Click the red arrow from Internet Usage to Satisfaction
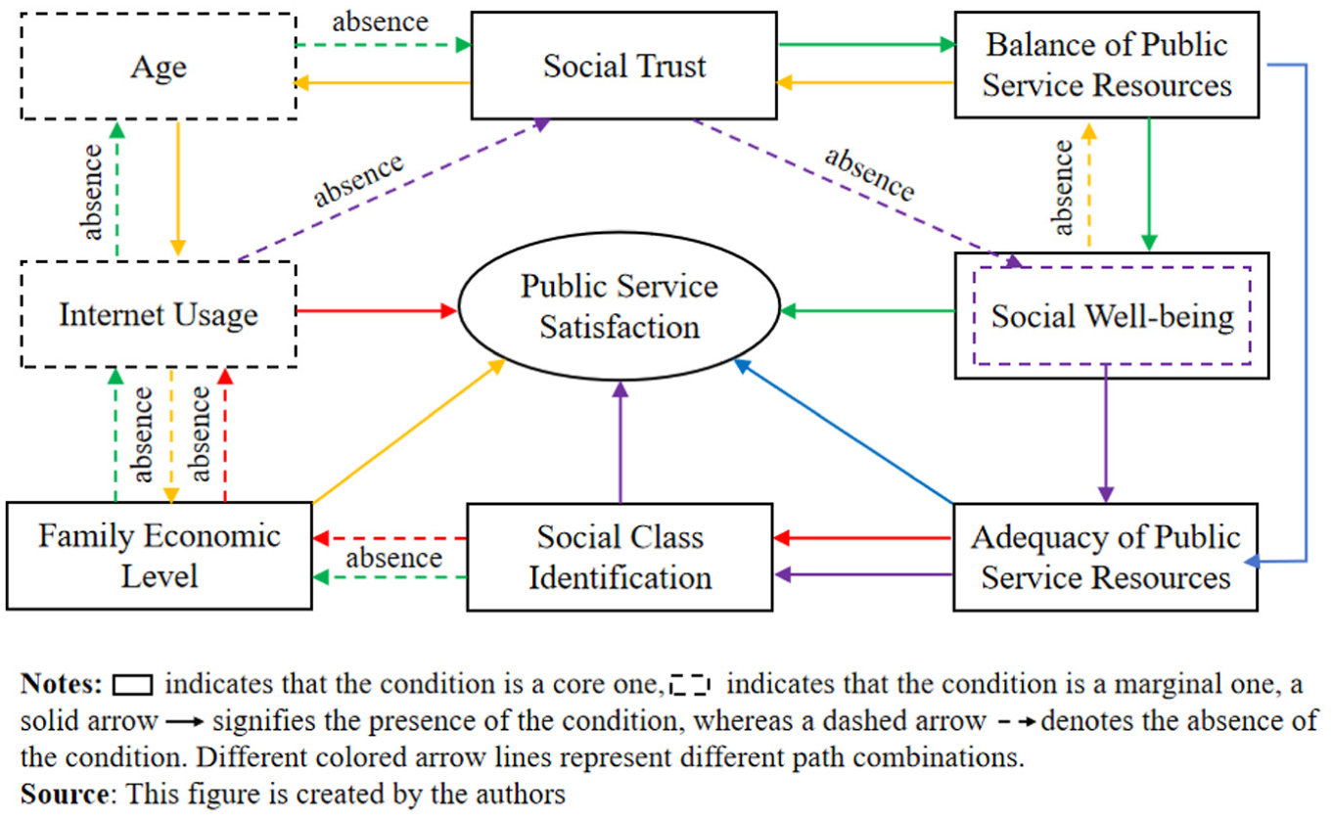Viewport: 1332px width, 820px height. point(377,310)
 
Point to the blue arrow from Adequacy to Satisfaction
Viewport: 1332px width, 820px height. point(844,432)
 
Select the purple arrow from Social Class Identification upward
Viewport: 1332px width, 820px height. point(620,442)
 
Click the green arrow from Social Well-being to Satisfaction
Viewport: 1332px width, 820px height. point(867,310)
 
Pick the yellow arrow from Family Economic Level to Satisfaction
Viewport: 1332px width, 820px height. point(409,432)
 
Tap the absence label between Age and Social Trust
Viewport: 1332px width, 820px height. point(380,22)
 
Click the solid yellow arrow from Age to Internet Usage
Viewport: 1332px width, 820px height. point(178,189)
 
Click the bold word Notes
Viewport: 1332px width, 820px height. point(62,684)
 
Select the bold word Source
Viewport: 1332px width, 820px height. point(65,794)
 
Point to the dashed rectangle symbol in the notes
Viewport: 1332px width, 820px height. point(690,685)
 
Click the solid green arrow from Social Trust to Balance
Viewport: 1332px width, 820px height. point(867,45)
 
